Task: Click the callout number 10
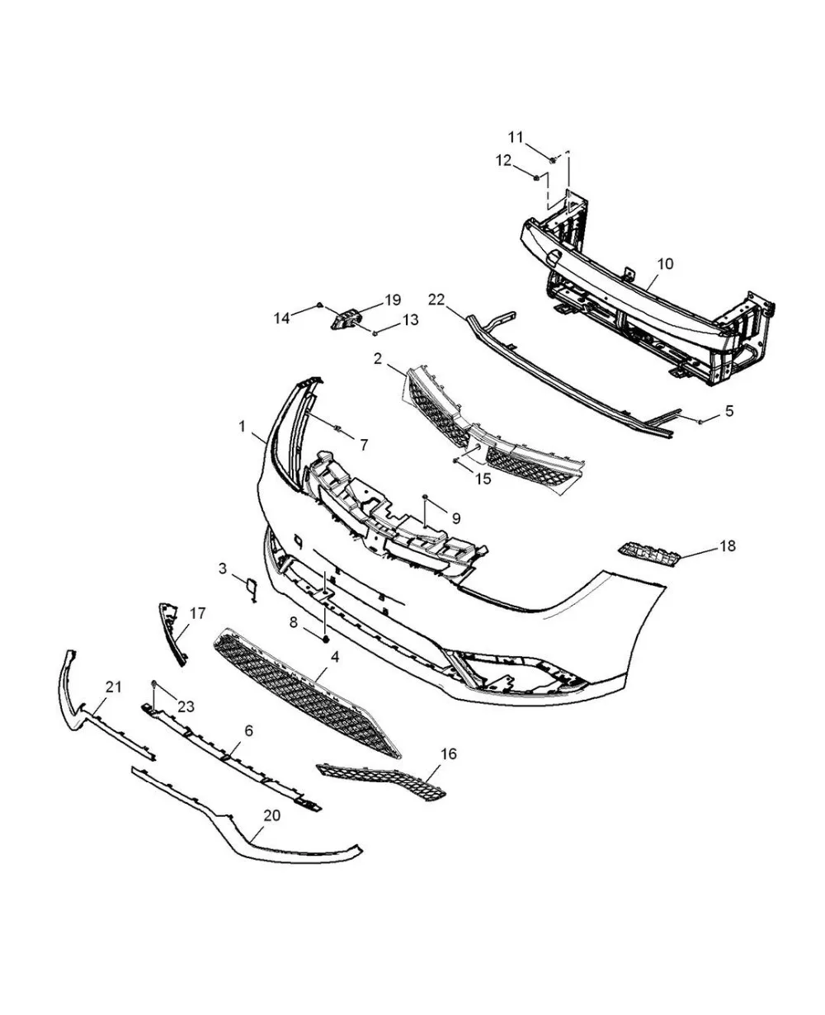click(665, 263)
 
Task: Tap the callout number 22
click(436, 300)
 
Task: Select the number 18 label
click(728, 546)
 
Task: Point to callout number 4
click(335, 657)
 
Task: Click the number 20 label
click(272, 815)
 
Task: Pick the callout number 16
click(449, 754)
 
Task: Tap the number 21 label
click(113, 687)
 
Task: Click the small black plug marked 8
click(326, 640)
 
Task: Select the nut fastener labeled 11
click(553, 160)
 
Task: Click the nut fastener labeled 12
click(536, 178)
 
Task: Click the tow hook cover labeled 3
click(251, 589)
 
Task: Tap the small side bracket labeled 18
click(648, 555)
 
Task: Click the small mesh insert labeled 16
click(381, 781)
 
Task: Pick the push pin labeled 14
click(320, 305)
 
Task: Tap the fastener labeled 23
click(153, 684)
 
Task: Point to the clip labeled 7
click(337, 427)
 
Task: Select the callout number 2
click(378, 359)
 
